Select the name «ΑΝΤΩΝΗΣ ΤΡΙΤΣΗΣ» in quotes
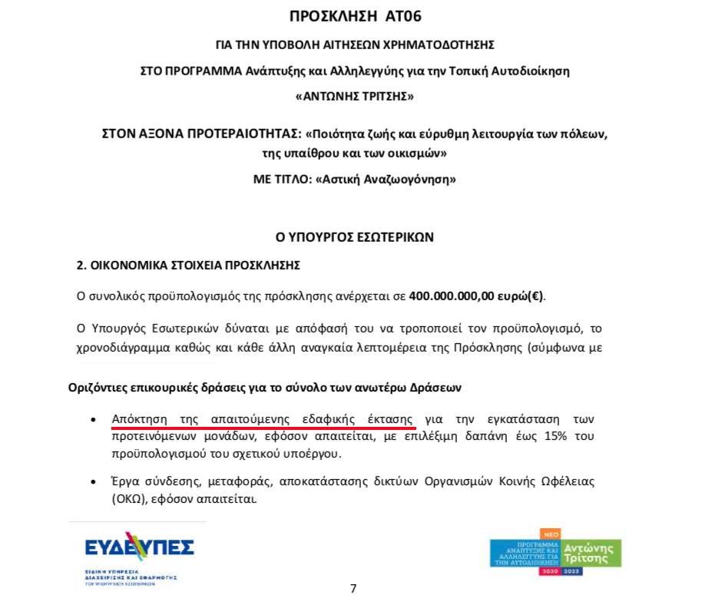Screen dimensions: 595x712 pos(355,97)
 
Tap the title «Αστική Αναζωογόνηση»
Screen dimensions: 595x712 pos(386,180)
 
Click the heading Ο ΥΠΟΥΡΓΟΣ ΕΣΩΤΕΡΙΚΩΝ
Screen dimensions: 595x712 pos(355,237)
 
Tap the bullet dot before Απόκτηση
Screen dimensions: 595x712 pos(93,420)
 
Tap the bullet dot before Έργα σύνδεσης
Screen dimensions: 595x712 pos(93,482)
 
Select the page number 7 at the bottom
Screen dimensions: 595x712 pos(353,589)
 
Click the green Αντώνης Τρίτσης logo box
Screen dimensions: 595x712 pos(591,552)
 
